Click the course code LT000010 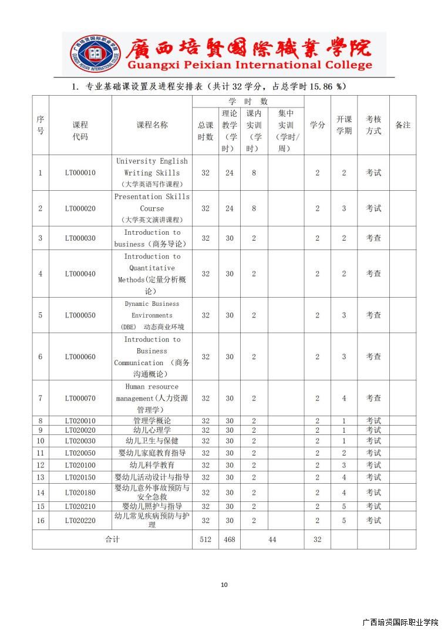coord(80,173)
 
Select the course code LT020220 coord(80,520)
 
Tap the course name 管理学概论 coord(152,420)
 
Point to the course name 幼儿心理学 coord(152,430)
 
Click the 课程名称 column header coord(152,125)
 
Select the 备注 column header coord(403,125)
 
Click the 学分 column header coord(317,125)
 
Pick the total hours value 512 coord(206,539)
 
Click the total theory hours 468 coord(230,539)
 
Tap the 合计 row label coord(112,539)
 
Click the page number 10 coord(224,585)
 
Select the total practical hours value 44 coord(272,539)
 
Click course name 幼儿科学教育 coord(152,465)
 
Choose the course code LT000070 coord(80,398)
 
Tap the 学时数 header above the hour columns coord(248,102)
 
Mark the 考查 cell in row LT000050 coord(373,315)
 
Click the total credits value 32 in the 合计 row coord(317,539)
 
